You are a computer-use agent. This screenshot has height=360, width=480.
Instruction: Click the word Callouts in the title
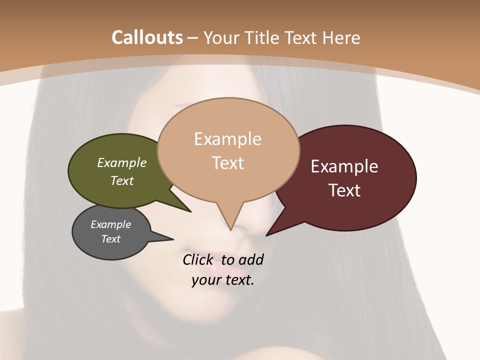pos(147,37)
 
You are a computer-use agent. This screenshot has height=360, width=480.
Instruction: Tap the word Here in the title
pos(341,37)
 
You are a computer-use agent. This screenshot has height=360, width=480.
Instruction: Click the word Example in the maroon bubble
pos(344,166)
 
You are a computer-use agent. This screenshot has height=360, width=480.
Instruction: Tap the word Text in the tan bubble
pos(228,163)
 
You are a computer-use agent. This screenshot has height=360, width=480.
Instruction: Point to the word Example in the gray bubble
pos(110,224)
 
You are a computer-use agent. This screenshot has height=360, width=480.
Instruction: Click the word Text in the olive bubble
pos(122,180)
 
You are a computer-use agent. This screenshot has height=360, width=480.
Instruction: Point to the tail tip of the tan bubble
pos(230,230)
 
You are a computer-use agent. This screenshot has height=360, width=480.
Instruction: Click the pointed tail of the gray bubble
pos(172,239)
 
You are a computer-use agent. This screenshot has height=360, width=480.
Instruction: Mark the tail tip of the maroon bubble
pos(266,235)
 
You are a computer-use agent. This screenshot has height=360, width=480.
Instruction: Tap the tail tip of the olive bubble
pos(190,211)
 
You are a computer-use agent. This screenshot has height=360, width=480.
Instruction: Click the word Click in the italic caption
pos(199,259)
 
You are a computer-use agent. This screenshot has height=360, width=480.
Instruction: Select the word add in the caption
pos(250,259)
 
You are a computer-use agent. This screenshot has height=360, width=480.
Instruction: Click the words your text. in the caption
pos(223,280)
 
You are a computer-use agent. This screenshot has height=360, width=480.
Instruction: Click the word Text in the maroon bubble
pos(345,190)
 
